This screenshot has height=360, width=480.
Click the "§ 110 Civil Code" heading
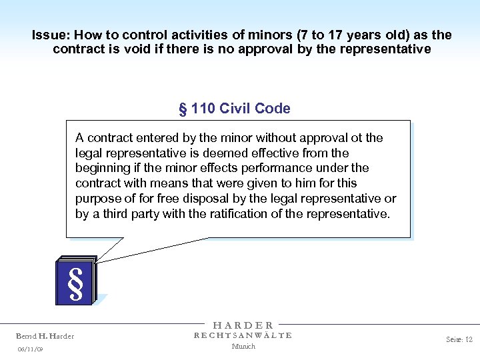pyautogui.click(x=235, y=109)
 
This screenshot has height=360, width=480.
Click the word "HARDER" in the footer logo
pyautogui.click(x=243, y=325)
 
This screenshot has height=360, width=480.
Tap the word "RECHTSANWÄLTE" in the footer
pyautogui.click(x=243, y=335)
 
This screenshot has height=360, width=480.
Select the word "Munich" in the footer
pyautogui.click(x=243, y=346)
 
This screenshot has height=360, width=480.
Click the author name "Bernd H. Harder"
pyautogui.click(x=45, y=336)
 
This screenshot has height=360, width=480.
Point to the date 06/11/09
pyautogui.click(x=31, y=349)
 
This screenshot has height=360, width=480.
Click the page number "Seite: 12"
pyautogui.click(x=459, y=339)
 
